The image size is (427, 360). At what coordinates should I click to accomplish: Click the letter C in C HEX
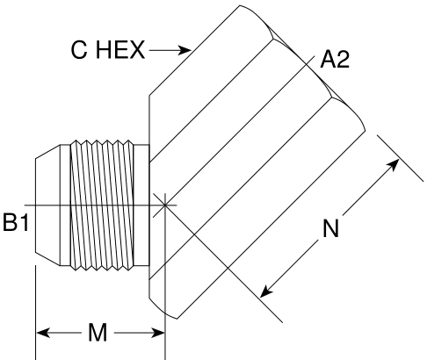(79, 50)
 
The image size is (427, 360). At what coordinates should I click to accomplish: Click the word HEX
(120, 50)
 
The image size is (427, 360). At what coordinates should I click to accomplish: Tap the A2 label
(335, 60)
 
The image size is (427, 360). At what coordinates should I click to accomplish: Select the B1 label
(16, 222)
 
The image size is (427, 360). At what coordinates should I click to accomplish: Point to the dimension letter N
(330, 228)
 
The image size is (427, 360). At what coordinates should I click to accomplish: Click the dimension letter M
(98, 333)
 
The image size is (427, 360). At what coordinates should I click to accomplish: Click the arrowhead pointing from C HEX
(185, 50)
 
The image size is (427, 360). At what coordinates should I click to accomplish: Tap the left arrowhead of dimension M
(43, 333)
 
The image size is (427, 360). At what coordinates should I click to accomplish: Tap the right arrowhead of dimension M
(158, 333)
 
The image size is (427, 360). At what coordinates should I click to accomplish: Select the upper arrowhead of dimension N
(393, 165)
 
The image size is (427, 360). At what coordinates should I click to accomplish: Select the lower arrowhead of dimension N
(266, 291)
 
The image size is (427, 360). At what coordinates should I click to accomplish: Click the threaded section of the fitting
(102, 205)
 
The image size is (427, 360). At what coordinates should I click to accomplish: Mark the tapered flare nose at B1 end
(47, 205)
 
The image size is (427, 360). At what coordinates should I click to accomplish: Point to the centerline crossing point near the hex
(165, 205)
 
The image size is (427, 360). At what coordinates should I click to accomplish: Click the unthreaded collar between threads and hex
(141, 205)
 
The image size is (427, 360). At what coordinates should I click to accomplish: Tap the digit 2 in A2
(342, 60)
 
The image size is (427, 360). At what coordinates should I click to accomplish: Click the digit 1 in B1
(24, 222)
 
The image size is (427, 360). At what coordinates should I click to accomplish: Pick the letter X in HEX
(137, 50)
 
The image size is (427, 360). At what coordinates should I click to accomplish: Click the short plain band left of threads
(65, 205)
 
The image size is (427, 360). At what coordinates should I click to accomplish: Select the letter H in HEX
(104, 50)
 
